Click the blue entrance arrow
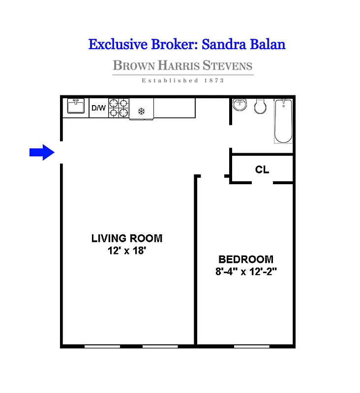coord(41,152)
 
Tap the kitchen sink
coord(76,108)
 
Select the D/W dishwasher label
coord(98,108)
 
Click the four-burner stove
coord(119,108)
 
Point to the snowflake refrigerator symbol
coord(141,112)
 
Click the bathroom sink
coord(240,105)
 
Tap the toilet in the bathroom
coord(260,106)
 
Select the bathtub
coord(283,121)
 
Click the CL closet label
coord(262,170)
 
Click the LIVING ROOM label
coord(126,239)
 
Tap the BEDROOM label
coord(245,259)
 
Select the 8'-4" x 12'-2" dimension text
coord(245,271)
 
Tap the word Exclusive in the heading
coord(117,44)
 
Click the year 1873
coord(214,81)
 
